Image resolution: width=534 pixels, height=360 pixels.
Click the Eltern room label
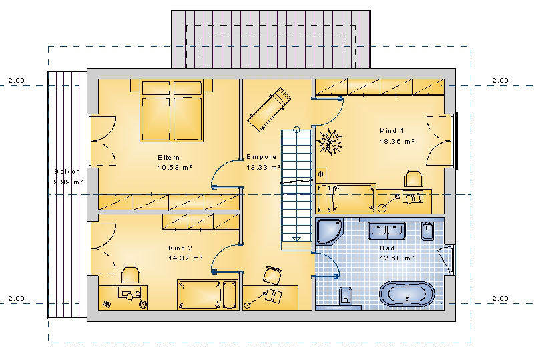tap(168, 158)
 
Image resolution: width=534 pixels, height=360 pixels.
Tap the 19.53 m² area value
tap(175, 168)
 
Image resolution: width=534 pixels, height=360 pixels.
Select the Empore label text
tap(261, 157)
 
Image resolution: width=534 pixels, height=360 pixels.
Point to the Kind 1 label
tap(392, 130)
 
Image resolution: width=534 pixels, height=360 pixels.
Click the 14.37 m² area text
tap(186, 258)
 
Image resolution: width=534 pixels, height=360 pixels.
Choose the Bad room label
tap(387, 248)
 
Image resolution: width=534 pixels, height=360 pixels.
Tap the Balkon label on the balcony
tap(67, 172)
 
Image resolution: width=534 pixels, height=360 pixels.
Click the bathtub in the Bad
tap(407, 293)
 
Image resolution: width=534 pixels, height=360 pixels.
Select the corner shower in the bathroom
tap(329, 232)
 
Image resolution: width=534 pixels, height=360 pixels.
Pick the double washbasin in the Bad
tap(387, 231)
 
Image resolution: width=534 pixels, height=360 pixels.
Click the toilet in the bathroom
tap(346, 297)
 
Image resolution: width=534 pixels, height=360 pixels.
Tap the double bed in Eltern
tap(172, 111)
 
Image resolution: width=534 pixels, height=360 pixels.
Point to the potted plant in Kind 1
tap(329, 142)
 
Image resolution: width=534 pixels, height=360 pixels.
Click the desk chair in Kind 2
tap(131, 275)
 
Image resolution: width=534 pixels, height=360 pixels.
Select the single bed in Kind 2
tap(208, 295)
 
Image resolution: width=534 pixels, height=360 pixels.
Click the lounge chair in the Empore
tap(269, 109)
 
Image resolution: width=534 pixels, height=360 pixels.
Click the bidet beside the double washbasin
tap(427, 231)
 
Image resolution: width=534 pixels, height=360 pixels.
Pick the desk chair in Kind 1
tap(413, 178)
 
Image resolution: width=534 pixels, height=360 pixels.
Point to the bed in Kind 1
tap(346, 199)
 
